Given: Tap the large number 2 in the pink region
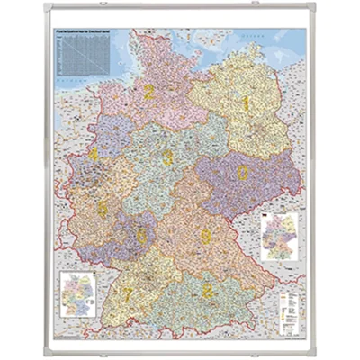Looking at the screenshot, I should [148, 90].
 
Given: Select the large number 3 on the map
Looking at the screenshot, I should [168, 157].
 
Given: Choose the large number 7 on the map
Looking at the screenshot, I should [129, 293].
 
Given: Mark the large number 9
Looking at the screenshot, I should [206, 237].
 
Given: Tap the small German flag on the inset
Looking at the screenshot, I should [266, 217].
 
